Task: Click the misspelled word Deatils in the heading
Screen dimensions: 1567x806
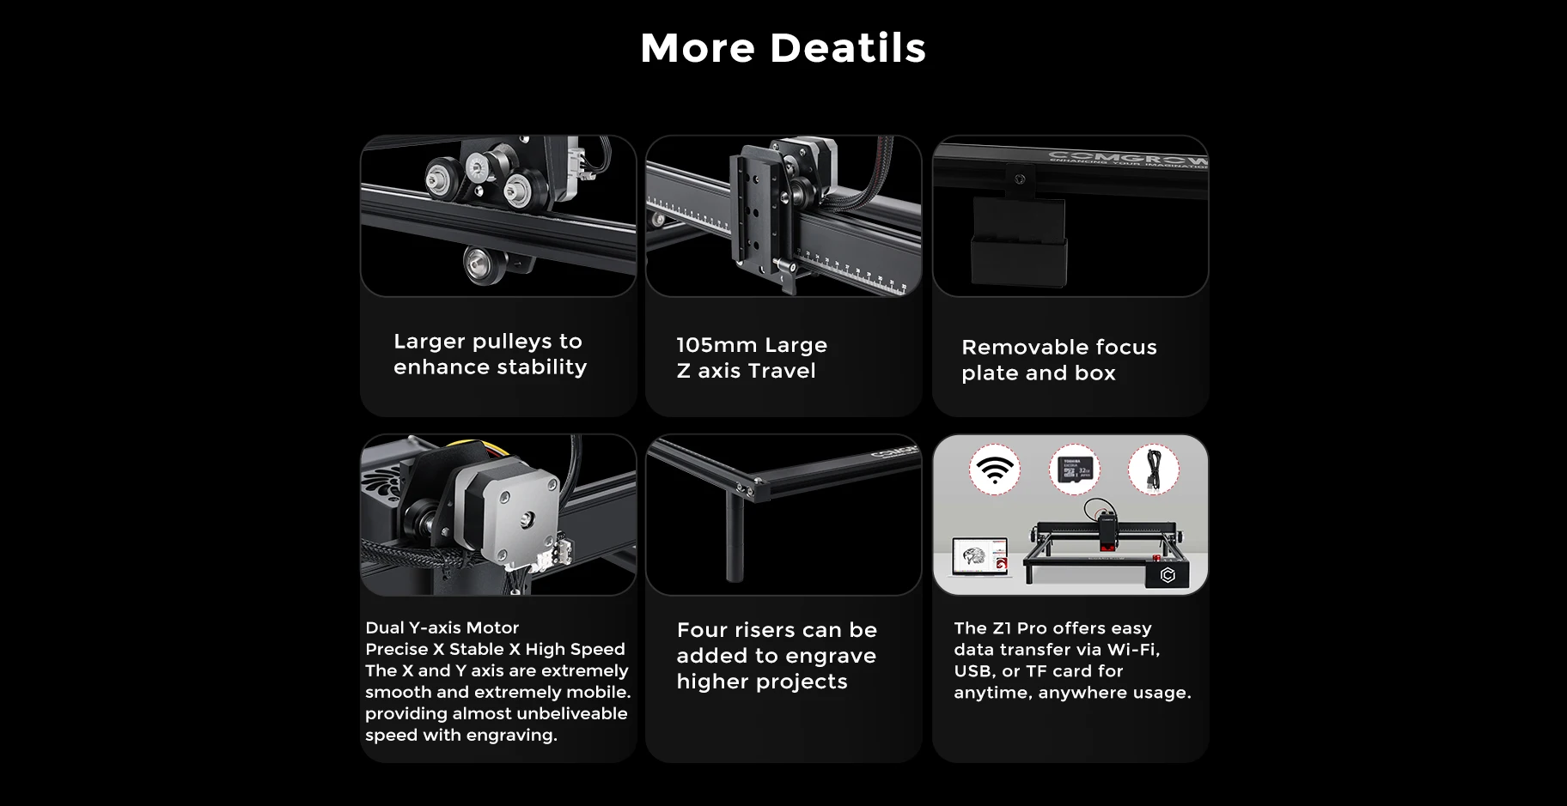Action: (x=848, y=48)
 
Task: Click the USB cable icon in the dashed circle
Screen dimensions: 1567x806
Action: (x=1154, y=470)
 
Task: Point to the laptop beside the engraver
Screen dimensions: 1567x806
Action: (x=981, y=558)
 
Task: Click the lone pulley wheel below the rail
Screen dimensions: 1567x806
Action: (x=478, y=259)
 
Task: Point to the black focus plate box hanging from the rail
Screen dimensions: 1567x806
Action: (x=1019, y=243)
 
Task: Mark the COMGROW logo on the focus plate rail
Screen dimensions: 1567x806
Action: (x=1128, y=159)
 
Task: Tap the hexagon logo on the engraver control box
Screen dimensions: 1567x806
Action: (x=1168, y=575)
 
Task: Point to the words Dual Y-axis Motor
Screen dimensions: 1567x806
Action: (x=442, y=627)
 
